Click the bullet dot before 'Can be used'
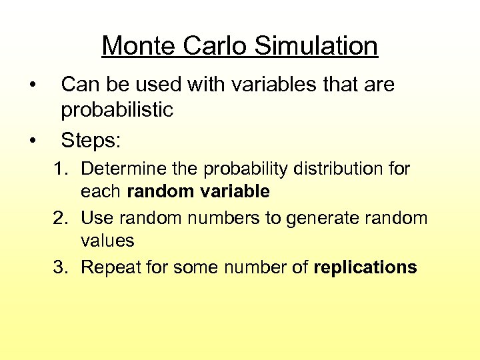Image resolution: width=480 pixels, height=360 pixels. click(x=31, y=85)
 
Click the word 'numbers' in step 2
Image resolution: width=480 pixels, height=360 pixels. click(x=224, y=218)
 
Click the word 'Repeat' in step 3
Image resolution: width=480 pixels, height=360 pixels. click(x=109, y=267)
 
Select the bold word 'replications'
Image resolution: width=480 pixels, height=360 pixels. click(x=365, y=268)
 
